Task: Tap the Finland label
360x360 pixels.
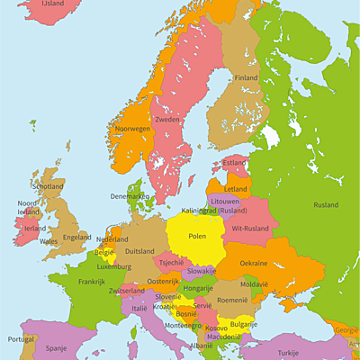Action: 246,78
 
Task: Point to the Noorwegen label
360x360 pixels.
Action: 132,129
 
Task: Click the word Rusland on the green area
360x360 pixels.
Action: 326,204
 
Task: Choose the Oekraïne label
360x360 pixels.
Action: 253,264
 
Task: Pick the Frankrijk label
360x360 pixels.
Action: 91,282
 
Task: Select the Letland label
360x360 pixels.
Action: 236,189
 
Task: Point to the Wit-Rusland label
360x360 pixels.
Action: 248,229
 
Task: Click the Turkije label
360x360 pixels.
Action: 288,353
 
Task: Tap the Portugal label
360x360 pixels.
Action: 21,339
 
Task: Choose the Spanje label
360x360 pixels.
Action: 57,346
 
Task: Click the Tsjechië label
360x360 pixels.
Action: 171,263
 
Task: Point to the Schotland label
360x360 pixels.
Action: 48,186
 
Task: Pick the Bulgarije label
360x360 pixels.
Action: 243,324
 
